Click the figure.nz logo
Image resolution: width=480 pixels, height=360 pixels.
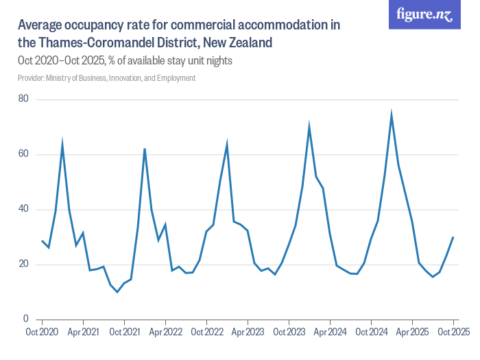(x=424, y=14)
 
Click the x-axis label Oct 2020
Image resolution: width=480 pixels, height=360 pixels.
(x=42, y=332)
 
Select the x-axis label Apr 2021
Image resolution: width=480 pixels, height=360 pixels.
(x=83, y=332)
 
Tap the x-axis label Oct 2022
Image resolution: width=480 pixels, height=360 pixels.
(x=206, y=332)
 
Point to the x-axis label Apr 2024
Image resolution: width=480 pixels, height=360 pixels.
(x=330, y=332)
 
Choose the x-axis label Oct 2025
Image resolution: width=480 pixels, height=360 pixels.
(x=453, y=332)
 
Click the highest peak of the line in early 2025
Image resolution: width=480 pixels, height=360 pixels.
(x=392, y=114)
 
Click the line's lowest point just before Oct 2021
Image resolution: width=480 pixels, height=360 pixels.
(x=117, y=292)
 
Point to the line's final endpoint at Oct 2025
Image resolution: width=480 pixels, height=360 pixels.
(x=453, y=237)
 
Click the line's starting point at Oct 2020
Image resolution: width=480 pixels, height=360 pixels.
(x=42, y=241)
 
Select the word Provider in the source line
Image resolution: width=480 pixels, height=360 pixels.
(x=30, y=78)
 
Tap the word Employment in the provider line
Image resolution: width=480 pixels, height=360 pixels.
(x=177, y=78)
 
